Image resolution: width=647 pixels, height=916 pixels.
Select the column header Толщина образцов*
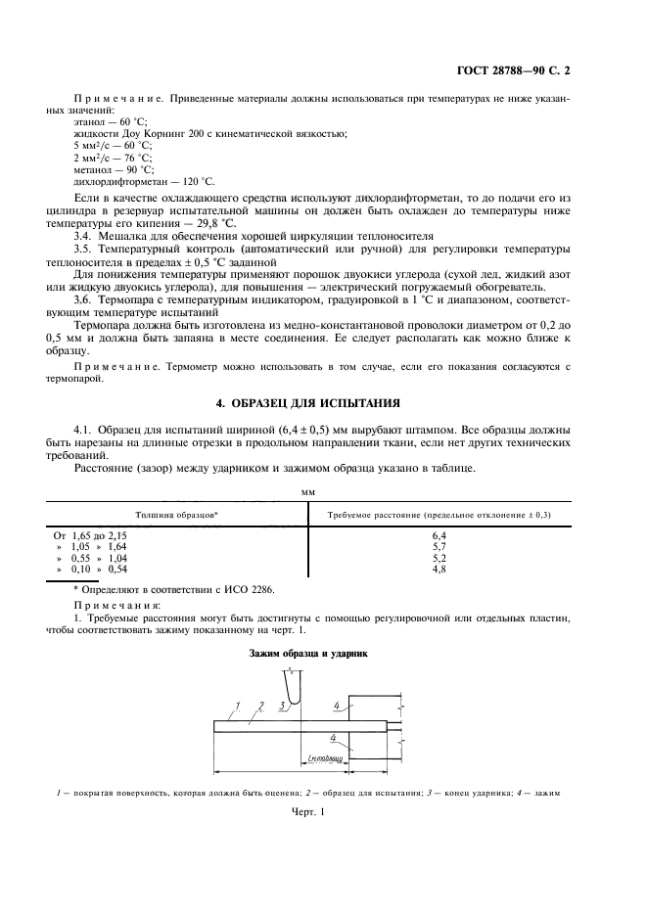pyautogui.click(x=176, y=514)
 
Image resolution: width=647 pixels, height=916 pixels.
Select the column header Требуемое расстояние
pyautogui.click(x=438, y=514)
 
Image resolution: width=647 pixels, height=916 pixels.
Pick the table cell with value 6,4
pyautogui.click(x=439, y=536)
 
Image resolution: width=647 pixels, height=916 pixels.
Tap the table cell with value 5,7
pyautogui.click(x=439, y=547)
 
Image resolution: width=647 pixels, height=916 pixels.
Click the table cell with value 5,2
pyautogui.click(x=439, y=558)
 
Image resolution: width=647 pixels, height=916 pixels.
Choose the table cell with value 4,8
pyautogui.click(x=439, y=569)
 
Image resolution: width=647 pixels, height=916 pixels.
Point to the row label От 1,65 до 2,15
pyautogui.click(x=90, y=536)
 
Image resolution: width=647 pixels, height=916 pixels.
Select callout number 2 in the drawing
pyautogui.click(x=260, y=705)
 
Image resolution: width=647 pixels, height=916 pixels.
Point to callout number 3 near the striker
pyautogui.click(x=282, y=705)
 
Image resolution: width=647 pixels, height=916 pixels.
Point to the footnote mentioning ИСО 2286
pyautogui.click(x=176, y=591)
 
